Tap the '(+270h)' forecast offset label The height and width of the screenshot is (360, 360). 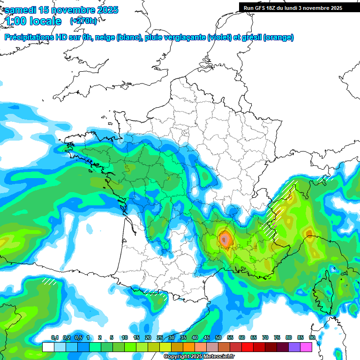pyautogui.click(x=84, y=21)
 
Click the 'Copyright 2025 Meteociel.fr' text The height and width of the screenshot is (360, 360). pyautogui.click(x=200, y=357)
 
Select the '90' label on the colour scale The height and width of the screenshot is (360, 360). pyautogui.click(x=312, y=337)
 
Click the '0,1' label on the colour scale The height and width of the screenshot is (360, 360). pyautogui.click(x=54, y=337)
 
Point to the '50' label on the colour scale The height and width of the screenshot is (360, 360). pyautogui.click(x=218, y=337)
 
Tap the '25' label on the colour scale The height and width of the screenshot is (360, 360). pyautogui.click(x=160, y=337)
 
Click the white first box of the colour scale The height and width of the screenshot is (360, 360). pyautogui.click(x=48, y=347)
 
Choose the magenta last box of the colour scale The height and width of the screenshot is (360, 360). pyautogui.click(x=306, y=347)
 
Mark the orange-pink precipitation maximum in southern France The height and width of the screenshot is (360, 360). pyautogui.click(x=225, y=240)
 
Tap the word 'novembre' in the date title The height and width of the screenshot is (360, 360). pyautogui.click(x=70, y=10)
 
